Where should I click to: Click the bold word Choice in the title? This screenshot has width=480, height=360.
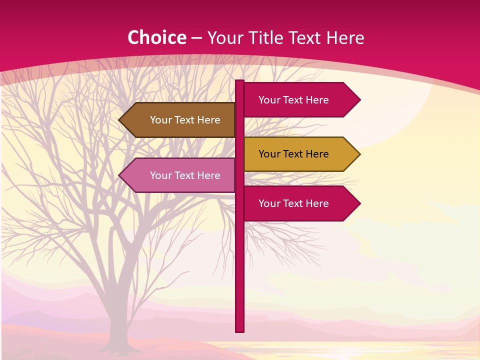click(156, 37)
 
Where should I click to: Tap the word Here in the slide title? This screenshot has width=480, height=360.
click(345, 37)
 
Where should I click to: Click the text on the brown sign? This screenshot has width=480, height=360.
click(185, 120)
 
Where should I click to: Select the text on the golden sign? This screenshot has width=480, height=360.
click(293, 154)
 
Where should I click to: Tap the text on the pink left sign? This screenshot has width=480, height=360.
click(185, 175)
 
